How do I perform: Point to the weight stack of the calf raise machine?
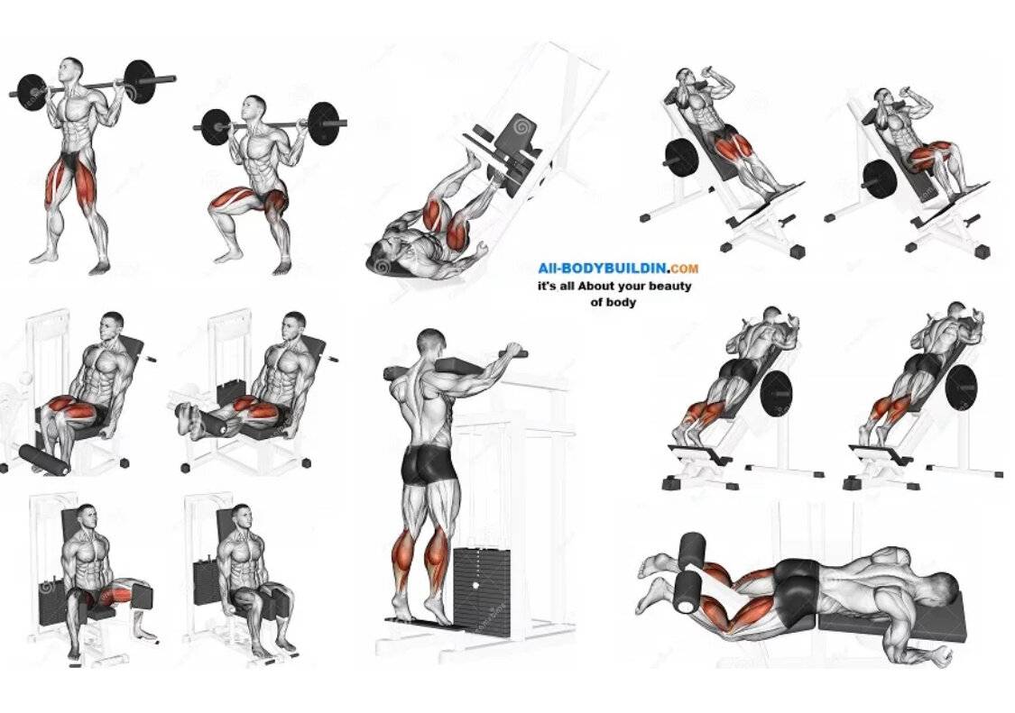pyautogui.click(x=482, y=590)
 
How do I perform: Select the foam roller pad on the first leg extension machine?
pyautogui.click(x=44, y=460)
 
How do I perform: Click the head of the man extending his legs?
pyautogui.click(x=294, y=325)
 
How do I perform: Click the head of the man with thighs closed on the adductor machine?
pyautogui.click(x=241, y=518)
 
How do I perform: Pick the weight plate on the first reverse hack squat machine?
pyautogui.click(x=776, y=394)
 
